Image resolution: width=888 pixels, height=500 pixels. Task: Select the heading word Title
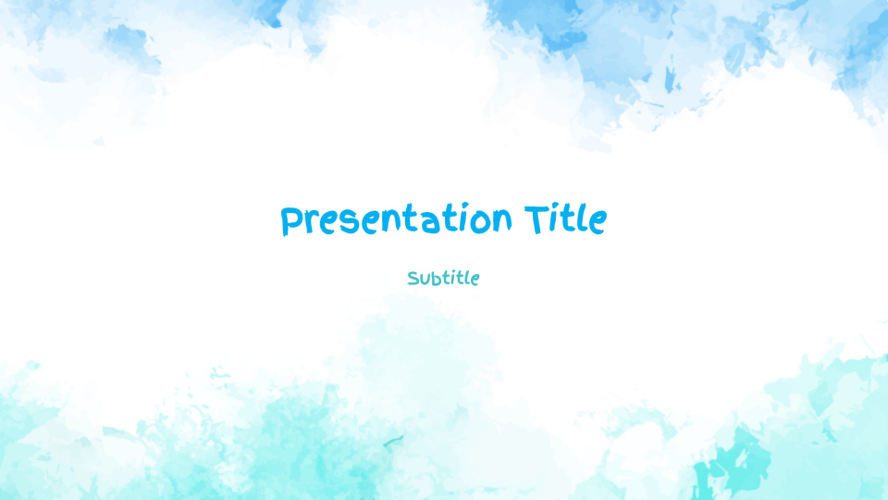click(x=565, y=220)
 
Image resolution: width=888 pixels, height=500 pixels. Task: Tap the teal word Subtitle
click(x=443, y=278)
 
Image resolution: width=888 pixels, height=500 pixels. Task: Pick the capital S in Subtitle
click(x=413, y=278)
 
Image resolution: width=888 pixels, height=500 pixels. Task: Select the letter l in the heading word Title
click(x=583, y=219)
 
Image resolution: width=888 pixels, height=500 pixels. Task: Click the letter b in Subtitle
click(x=436, y=278)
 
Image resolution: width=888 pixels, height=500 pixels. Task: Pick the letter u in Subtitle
click(x=425, y=279)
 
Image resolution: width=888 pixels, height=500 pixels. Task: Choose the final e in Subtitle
click(x=474, y=280)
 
